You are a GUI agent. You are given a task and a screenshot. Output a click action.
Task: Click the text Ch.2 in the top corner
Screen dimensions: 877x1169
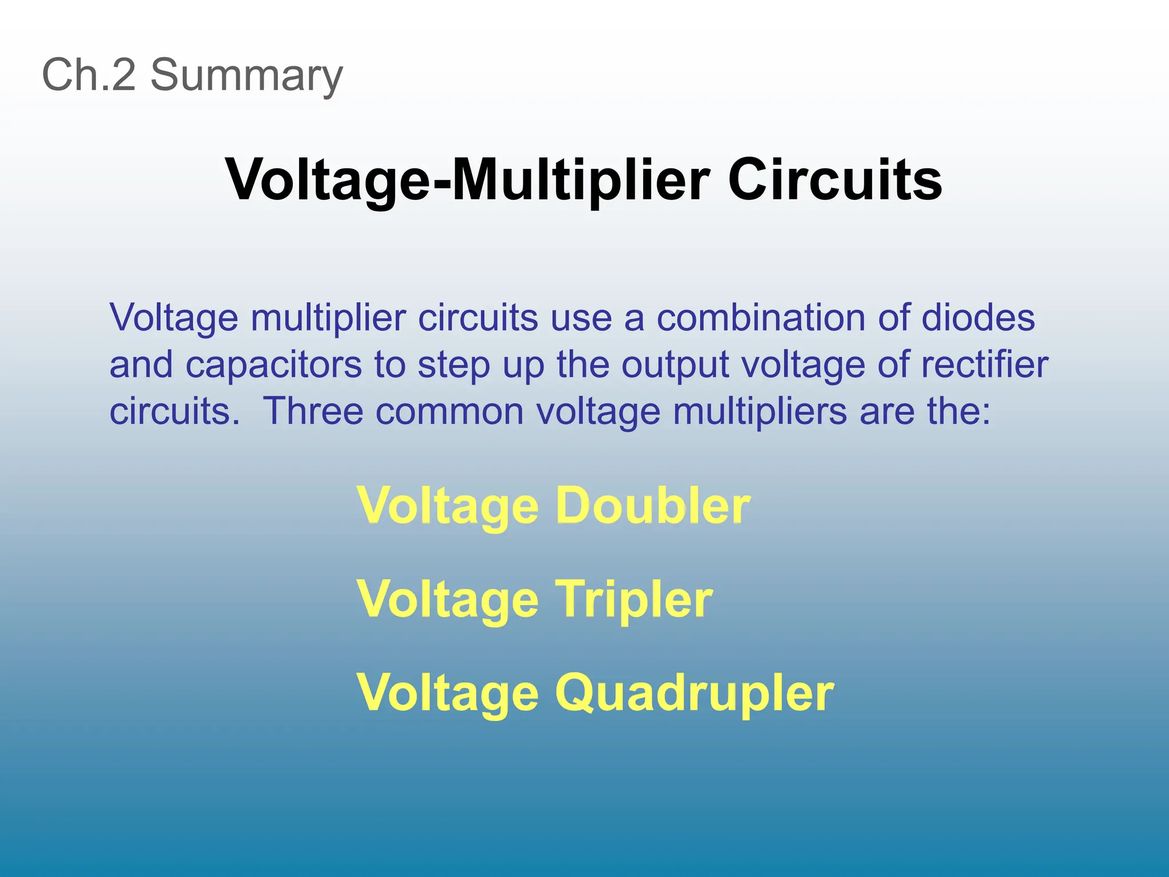(89, 75)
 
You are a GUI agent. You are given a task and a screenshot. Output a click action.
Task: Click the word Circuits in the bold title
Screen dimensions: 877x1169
(835, 180)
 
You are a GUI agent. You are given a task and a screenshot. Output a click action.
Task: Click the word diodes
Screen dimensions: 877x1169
(978, 317)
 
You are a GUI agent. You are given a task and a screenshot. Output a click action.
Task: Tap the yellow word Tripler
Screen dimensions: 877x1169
(634, 600)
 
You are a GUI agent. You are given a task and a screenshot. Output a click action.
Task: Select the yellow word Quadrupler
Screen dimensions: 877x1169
(695, 693)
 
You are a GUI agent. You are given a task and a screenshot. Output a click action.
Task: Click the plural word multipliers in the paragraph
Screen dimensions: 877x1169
(760, 411)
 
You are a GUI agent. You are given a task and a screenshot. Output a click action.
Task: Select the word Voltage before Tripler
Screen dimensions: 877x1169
(448, 600)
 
